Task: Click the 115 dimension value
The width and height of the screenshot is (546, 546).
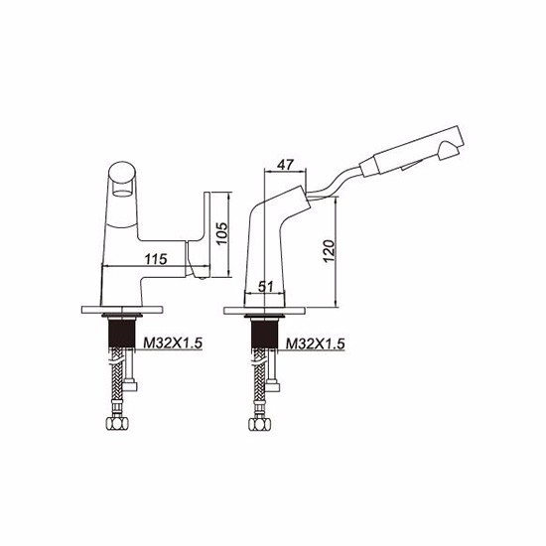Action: pos(156,259)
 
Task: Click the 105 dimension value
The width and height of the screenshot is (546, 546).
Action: pos(221,233)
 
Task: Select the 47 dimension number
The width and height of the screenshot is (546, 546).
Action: pos(285,164)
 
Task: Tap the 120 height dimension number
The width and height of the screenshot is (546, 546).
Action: pos(329,251)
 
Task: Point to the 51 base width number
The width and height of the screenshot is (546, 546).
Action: pos(266,287)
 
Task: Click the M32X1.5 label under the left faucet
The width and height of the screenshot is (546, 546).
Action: pos(173,343)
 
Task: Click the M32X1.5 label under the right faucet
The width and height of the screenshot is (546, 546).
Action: pos(315,343)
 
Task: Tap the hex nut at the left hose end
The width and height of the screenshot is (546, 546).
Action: pos(117,423)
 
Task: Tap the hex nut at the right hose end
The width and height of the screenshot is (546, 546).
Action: pos(260,424)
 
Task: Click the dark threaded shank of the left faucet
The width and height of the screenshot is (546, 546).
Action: pos(122,334)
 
